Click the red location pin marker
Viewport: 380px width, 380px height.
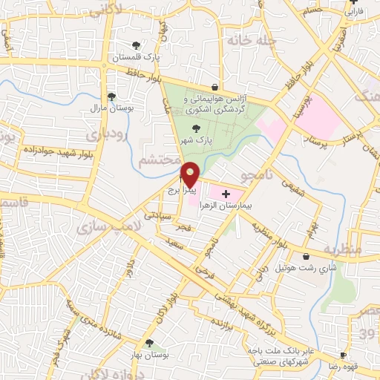click(190, 174)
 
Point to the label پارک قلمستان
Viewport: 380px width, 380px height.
click(137, 56)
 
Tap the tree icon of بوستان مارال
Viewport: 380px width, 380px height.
click(111, 96)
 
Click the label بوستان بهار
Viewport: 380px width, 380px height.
click(152, 355)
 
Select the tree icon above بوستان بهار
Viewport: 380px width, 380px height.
click(150, 343)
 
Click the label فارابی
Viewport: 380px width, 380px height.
click(354, 13)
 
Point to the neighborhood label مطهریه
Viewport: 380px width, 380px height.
click(341, 249)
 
